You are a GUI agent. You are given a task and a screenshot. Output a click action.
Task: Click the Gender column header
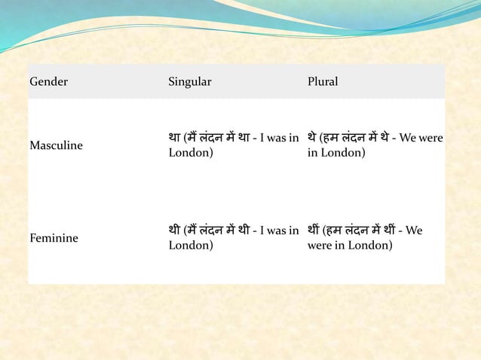click(48, 81)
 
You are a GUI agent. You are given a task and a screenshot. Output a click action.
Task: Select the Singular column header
click(190, 81)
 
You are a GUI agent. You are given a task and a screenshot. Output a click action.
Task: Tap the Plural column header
click(323, 81)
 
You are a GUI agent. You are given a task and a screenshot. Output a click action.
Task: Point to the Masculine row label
click(56, 145)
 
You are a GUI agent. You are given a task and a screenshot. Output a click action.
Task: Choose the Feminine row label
click(53, 238)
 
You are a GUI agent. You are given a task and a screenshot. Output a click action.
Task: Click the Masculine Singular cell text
click(233, 145)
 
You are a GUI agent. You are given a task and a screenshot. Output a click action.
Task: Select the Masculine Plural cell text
click(375, 145)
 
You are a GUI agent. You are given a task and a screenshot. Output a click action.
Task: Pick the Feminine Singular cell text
click(233, 237)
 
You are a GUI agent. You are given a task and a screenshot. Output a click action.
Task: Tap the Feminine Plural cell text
click(365, 237)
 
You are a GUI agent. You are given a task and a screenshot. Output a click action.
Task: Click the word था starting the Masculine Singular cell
click(175, 137)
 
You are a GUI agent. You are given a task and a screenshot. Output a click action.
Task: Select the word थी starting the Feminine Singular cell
click(175, 230)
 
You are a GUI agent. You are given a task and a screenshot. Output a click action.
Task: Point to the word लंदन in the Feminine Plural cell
click(359, 230)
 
